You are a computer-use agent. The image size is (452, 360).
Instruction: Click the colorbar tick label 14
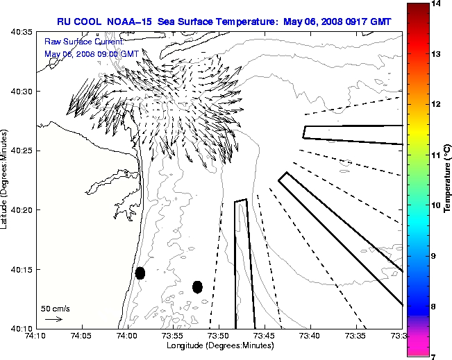click(x=438, y=4)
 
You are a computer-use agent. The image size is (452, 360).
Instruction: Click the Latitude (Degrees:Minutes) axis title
click(x=6, y=180)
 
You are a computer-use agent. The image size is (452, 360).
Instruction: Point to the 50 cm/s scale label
click(x=55, y=308)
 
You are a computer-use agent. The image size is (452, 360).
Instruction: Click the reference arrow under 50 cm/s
click(x=53, y=319)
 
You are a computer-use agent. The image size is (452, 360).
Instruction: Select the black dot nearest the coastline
click(x=140, y=273)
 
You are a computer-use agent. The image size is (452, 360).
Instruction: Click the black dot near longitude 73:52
click(x=197, y=286)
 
